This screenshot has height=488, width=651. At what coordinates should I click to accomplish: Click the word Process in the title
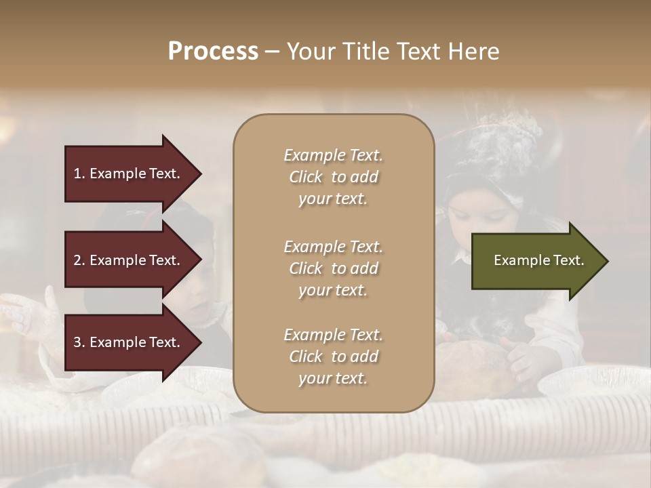(213, 52)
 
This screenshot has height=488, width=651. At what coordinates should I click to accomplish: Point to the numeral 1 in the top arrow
(77, 174)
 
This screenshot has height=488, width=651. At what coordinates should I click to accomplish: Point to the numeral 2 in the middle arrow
(77, 260)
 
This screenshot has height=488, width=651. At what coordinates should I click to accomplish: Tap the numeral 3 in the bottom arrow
(77, 342)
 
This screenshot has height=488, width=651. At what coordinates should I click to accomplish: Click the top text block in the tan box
(333, 177)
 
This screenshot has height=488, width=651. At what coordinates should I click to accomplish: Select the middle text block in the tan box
(333, 268)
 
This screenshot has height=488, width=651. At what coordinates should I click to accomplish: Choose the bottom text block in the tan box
(333, 357)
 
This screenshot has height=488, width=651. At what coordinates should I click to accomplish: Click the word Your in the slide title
(311, 52)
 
